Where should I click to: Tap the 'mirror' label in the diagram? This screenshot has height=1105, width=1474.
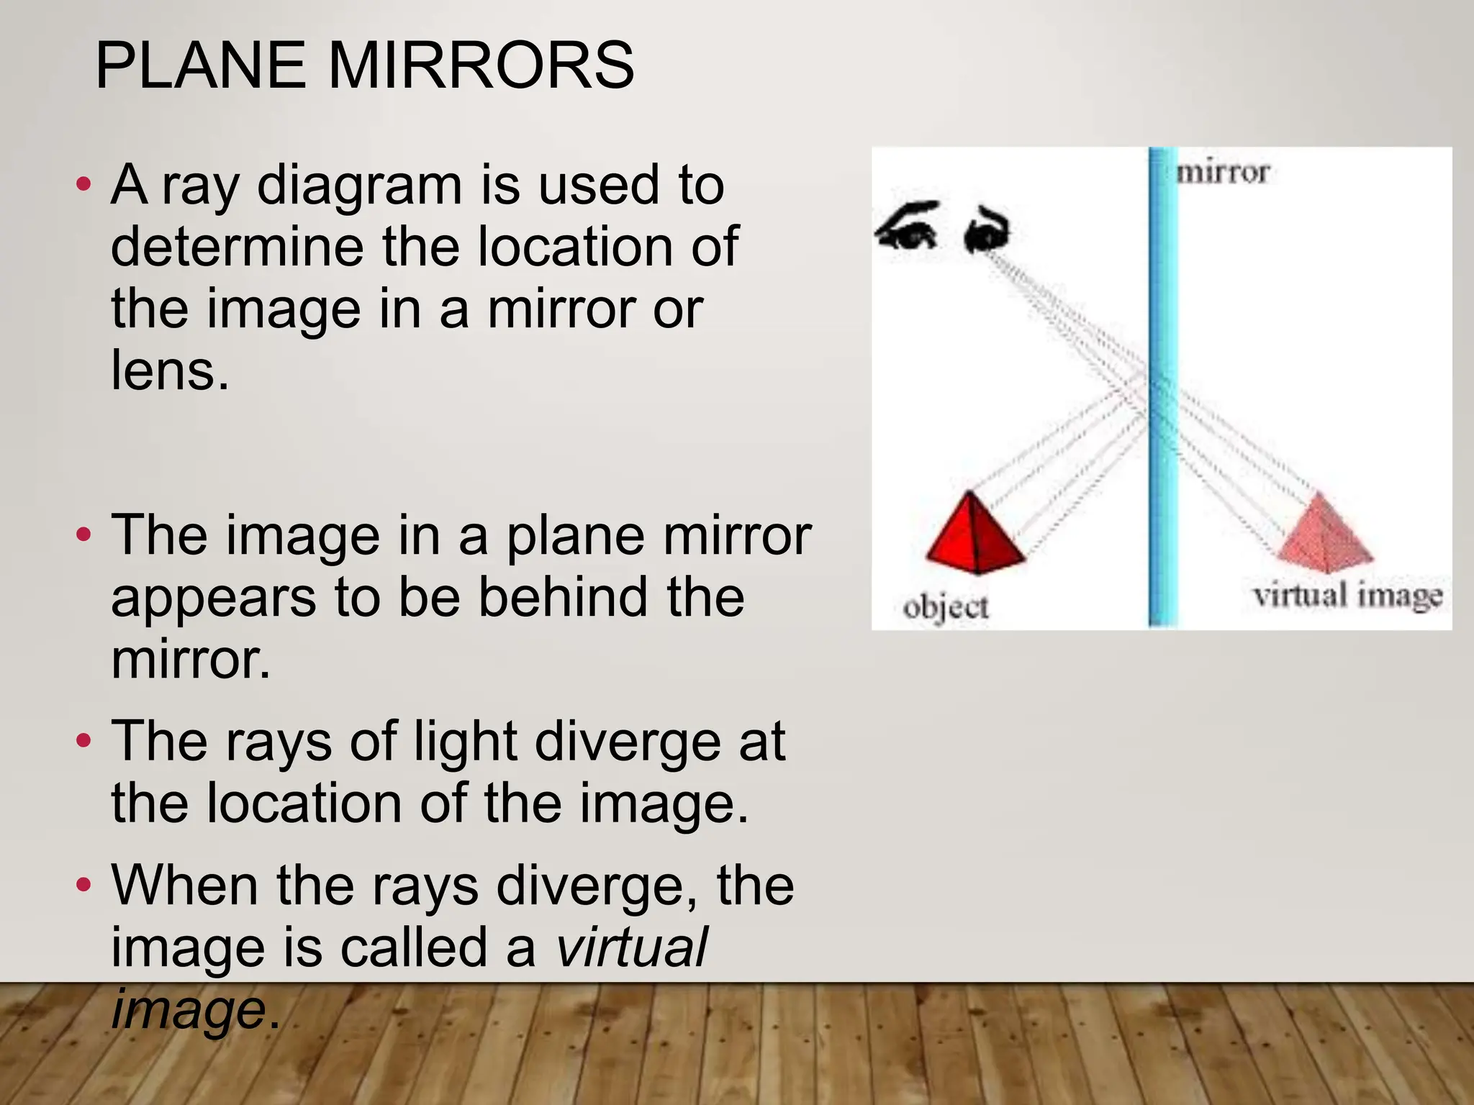[1222, 173]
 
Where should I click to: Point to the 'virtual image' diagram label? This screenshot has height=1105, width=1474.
[1347, 596]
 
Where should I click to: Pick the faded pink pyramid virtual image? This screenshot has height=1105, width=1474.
[1323, 532]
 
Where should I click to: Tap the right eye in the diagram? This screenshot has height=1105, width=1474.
[986, 230]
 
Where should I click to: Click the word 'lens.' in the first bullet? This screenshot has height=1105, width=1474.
[170, 371]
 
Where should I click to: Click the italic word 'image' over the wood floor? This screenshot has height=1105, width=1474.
[189, 1009]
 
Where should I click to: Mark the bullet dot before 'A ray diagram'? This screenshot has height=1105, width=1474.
[83, 184]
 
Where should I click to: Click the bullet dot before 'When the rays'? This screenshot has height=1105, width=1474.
[83, 884]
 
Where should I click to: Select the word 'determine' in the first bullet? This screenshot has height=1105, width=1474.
[237, 247]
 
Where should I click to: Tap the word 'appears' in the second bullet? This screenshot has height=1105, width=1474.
[213, 599]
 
